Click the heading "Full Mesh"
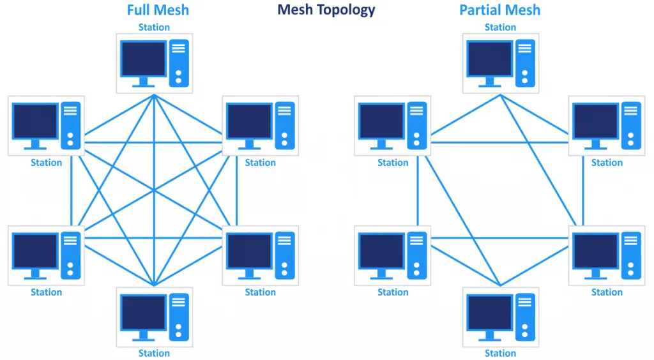click(x=158, y=10)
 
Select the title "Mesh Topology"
click(x=326, y=10)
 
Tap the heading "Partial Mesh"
click(x=499, y=10)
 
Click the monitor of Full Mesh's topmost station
click(x=144, y=59)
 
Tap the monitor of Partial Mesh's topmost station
click(x=490, y=59)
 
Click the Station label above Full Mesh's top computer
click(x=154, y=27)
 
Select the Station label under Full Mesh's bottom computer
click(x=154, y=353)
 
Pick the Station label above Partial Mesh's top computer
click(x=500, y=27)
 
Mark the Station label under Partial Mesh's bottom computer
click(x=500, y=353)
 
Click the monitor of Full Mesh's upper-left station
click(x=36, y=121)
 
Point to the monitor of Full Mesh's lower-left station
click(x=36, y=251)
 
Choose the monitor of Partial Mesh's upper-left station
click(x=382, y=121)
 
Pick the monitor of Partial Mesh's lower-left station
click(x=382, y=251)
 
